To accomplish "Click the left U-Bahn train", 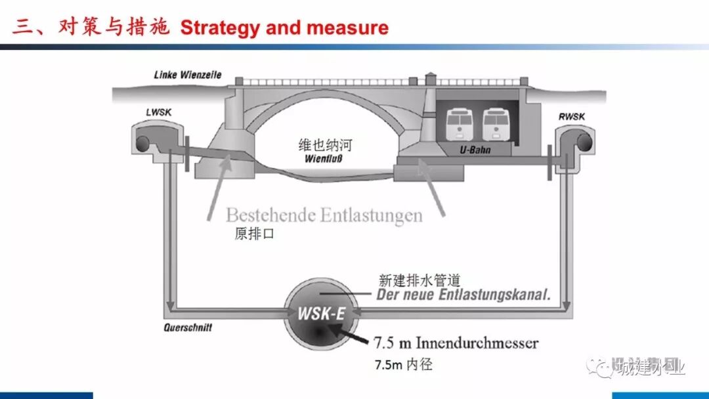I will click(x=461, y=125).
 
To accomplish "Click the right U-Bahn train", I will click(x=496, y=125).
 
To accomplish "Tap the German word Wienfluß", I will click(x=326, y=159).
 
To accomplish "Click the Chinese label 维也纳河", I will click(x=325, y=145).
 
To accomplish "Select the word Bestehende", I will click(x=269, y=215).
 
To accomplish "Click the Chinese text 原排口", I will click(x=253, y=234).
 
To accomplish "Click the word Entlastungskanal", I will click(x=488, y=295).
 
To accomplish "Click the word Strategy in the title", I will click(x=219, y=28).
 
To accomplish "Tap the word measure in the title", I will click(x=350, y=28).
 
